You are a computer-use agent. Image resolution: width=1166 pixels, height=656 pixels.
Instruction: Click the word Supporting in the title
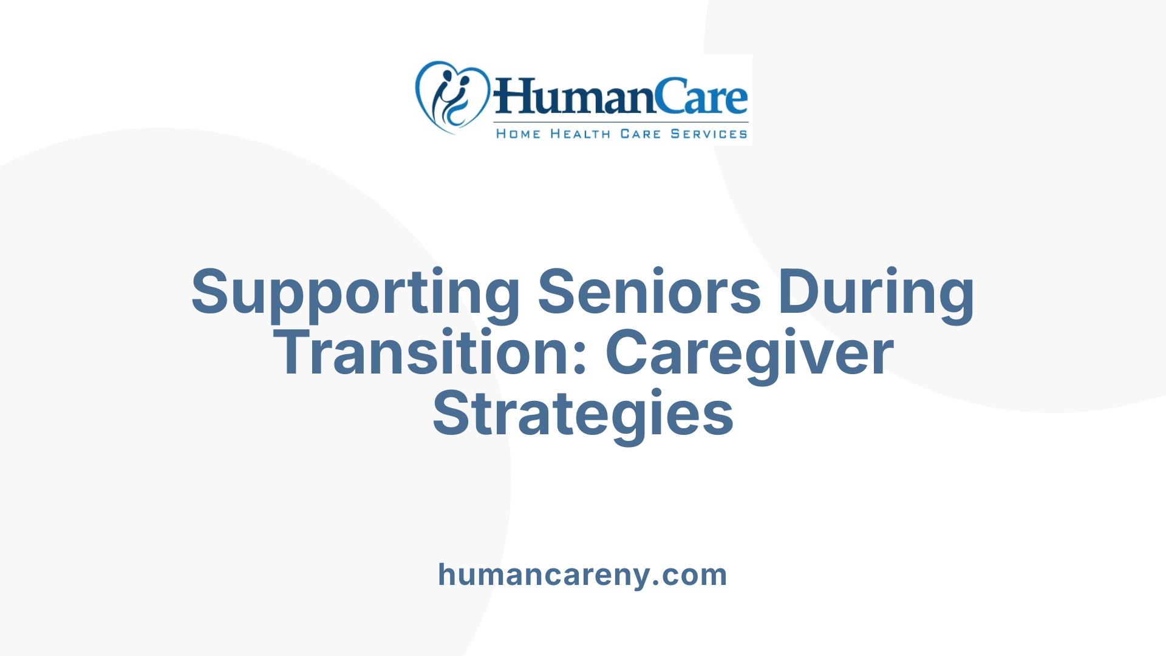[x=355, y=293]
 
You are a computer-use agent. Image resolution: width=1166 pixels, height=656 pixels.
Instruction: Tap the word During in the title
[x=876, y=293]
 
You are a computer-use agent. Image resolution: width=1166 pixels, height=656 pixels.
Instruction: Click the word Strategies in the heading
[x=583, y=415]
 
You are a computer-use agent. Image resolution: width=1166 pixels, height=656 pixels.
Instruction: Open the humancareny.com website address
[x=582, y=575]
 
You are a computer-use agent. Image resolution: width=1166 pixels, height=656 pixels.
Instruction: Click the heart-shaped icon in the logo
[x=452, y=97]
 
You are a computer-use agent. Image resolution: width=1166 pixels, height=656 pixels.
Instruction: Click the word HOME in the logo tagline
[x=518, y=134]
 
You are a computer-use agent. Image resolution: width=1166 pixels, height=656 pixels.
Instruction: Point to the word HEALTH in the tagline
[x=580, y=134]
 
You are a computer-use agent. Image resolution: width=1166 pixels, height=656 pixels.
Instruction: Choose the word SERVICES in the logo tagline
[x=709, y=134]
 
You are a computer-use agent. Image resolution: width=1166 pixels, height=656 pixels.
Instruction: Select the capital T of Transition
[x=296, y=353]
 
